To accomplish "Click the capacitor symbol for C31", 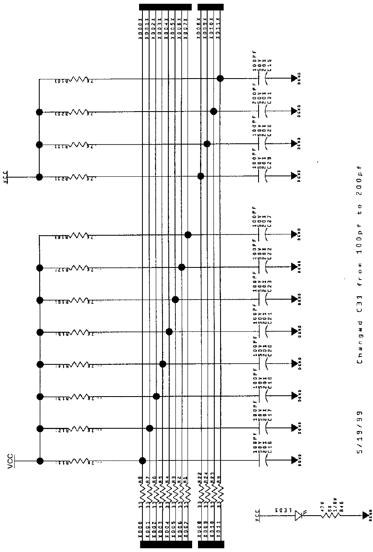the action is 261,111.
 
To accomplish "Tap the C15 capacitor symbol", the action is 261,78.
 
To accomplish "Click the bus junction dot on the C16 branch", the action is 142,460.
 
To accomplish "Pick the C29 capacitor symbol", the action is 261,176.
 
